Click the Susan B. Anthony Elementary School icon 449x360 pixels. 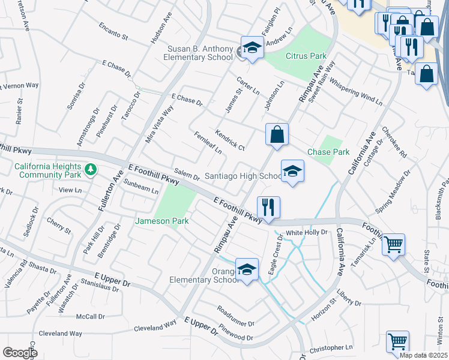point(252,48)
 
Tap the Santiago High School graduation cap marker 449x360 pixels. point(292,172)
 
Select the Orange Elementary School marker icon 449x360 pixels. point(247,270)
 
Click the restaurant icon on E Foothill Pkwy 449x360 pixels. point(268,208)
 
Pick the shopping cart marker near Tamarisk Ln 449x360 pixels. point(394,244)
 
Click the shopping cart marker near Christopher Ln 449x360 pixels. point(397,341)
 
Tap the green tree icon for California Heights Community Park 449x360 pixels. point(91,170)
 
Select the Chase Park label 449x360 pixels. point(328,152)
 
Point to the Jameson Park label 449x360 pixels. point(171,221)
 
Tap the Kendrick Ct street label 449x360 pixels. point(230,139)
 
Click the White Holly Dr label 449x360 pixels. point(307,232)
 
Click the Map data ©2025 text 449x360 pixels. point(423,355)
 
